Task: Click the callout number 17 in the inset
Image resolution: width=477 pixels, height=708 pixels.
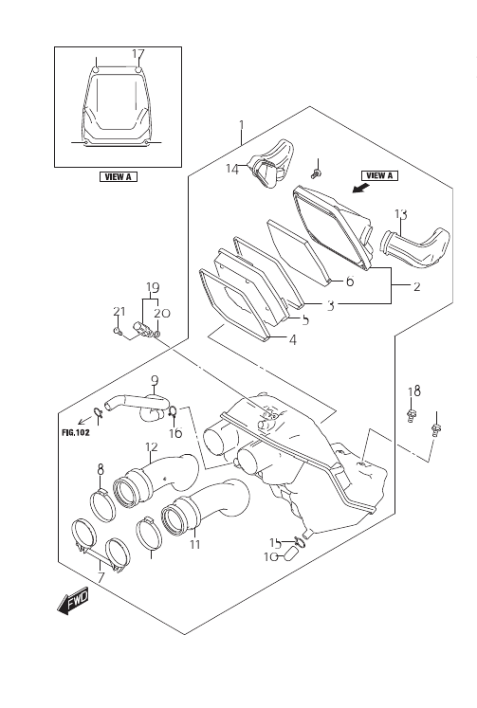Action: tap(138, 54)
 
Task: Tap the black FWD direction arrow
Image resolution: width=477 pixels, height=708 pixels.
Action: tap(73, 603)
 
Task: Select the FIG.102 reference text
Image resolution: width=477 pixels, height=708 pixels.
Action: tap(76, 432)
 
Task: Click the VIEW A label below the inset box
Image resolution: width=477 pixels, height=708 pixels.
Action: tap(119, 176)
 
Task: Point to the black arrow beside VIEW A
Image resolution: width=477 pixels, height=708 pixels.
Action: tap(360, 188)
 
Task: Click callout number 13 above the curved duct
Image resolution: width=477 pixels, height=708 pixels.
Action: tap(401, 214)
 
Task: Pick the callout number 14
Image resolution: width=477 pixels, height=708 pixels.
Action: tap(232, 169)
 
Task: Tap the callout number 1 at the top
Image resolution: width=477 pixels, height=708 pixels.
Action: tap(242, 124)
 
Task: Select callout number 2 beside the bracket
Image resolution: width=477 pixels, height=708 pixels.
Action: tap(416, 286)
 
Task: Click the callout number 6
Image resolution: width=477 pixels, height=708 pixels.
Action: tap(350, 281)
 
